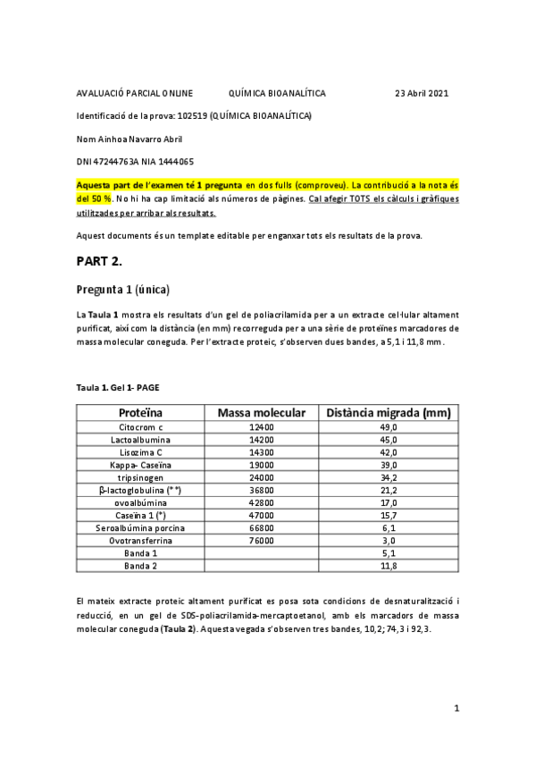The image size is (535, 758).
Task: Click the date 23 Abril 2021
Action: click(x=422, y=93)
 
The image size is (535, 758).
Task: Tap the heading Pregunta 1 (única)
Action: click(x=123, y=290)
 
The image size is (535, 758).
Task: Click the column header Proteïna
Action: click(x=140, y=413)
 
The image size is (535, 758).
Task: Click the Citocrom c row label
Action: click(x=140, y=428)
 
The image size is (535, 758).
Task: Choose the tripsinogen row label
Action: click(x=140, y=478)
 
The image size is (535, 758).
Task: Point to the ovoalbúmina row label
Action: click(x=140, y=503)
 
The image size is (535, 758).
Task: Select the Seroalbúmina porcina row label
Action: click(x=140, y=528)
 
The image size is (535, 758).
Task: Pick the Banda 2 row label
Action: click(x=140, y=566)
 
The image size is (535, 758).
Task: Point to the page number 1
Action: click(x=456, y=709)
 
